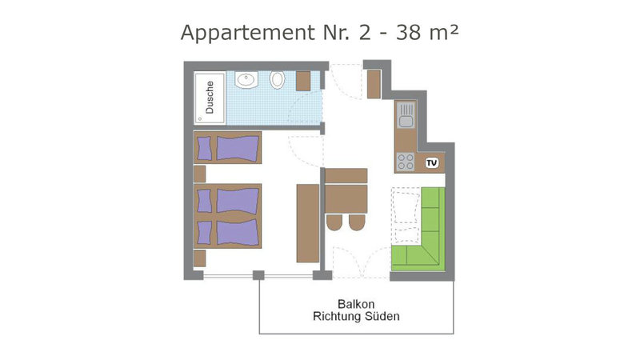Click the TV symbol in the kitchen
(432, 163)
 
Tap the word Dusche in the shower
(210, 97)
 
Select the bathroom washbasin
(246, 79)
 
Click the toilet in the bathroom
(277, 79)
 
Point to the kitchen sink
(406, 114)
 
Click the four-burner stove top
(406, 162)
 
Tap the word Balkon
(356, 304)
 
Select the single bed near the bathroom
(227, 147)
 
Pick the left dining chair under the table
(334, 222)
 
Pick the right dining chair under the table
(357, 222)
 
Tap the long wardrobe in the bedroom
(308, 223)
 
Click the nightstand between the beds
(199, 174)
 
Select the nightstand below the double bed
(199, 258)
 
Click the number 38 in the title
(408, 33)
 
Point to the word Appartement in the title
(248, 34)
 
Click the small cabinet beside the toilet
(303, 81)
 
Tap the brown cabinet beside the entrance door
(374, 85)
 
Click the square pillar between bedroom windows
(258, 275)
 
